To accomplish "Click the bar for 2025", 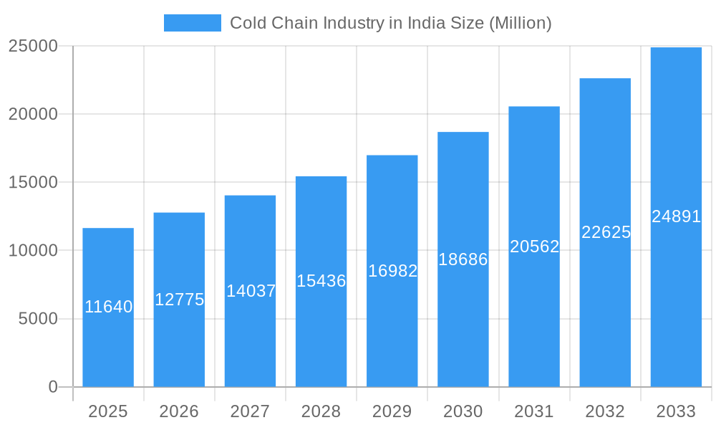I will [x=107, y=344].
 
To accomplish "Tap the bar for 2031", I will [x=534, y=315].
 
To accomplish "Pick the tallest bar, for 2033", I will [x=676, y=301].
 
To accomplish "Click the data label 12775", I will [x=179, y=300].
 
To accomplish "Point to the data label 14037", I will [x=251, y=291].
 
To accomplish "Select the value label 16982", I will [x=392, y=271].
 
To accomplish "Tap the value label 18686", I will [x=463, y=259].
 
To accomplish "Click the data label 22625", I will [x=606, y=232].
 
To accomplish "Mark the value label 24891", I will [x=676, y=216].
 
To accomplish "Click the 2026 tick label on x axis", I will [x=179, y=411].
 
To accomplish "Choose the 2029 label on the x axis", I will [x=392, y=411].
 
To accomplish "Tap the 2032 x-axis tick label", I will [x=605, y=411].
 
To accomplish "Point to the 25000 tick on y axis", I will [x=33, y=46].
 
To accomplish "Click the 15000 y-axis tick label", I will [x=33, y=182].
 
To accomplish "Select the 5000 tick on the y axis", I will [x=38, y=319].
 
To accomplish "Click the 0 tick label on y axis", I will [x=53, y=387].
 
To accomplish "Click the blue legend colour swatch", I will [x=192, y=23].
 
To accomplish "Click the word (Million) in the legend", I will [x=520, y=23].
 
